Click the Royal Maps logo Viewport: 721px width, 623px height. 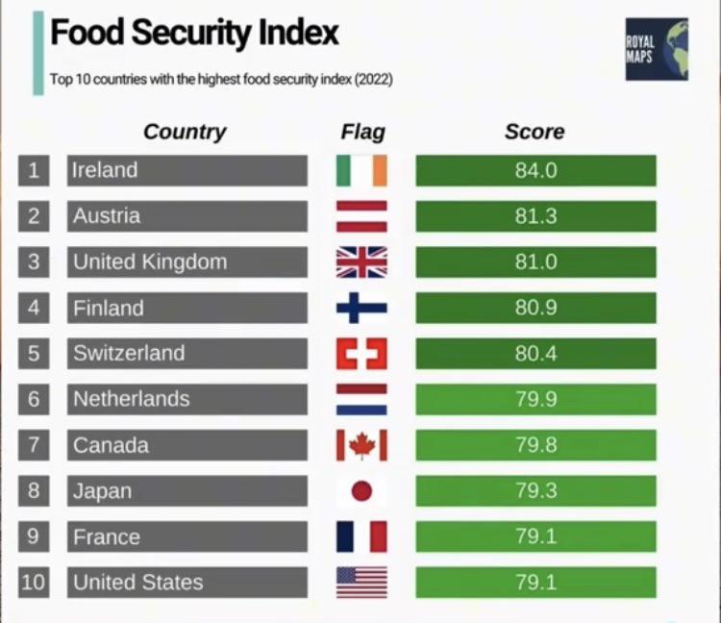click(x=657, y=49)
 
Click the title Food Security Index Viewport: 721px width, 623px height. click(x=194, y=33)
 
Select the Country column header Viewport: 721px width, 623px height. click(x=185, y=132)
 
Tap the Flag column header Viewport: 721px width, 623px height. click(x=362, y=132)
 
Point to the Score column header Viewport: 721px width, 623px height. click(x=535, y=132)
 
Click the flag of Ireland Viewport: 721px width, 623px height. click(x=361, y=170)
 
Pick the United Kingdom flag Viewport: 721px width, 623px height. click(x=361, y=262)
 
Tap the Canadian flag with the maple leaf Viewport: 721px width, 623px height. click(x=361, y=445)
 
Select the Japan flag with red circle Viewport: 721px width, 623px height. click(x=361, y=491)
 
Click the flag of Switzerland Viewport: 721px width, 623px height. click(x=361, y=354)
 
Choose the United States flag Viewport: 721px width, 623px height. click(x=361, y=583)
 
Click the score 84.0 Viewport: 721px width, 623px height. click(x=535, y=170)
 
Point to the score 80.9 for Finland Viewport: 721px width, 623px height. click(x=535, y=308)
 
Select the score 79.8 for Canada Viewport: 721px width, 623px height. click(x=535, y=445)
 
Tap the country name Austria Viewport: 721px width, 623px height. click(x=107, y=216)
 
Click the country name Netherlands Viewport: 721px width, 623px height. click(x=132, y=399)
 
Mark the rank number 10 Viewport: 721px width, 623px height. click(x=33, y=583)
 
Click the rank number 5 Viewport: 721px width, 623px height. click(x=33, y=354)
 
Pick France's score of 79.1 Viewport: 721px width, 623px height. click(x=535, y=536)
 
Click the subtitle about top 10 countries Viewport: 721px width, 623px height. click(x=221, y=79)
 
